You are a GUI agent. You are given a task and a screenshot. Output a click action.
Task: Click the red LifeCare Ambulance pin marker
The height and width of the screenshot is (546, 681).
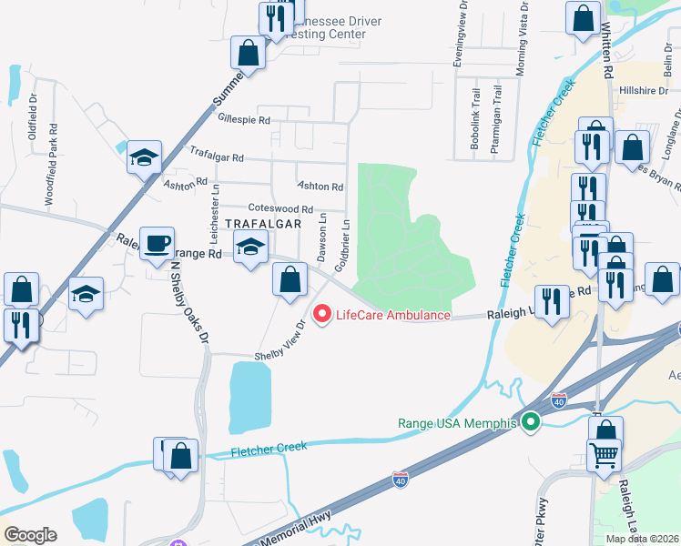(321, 315)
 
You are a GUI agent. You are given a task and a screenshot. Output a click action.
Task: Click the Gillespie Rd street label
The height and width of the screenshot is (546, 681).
(244, 119)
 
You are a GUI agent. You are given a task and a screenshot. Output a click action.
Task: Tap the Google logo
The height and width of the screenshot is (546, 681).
(30, 535)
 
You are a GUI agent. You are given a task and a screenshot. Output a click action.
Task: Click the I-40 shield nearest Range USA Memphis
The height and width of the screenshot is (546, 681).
(559, 400)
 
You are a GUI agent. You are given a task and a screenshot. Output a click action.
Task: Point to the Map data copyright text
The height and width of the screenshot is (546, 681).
(643, 539)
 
